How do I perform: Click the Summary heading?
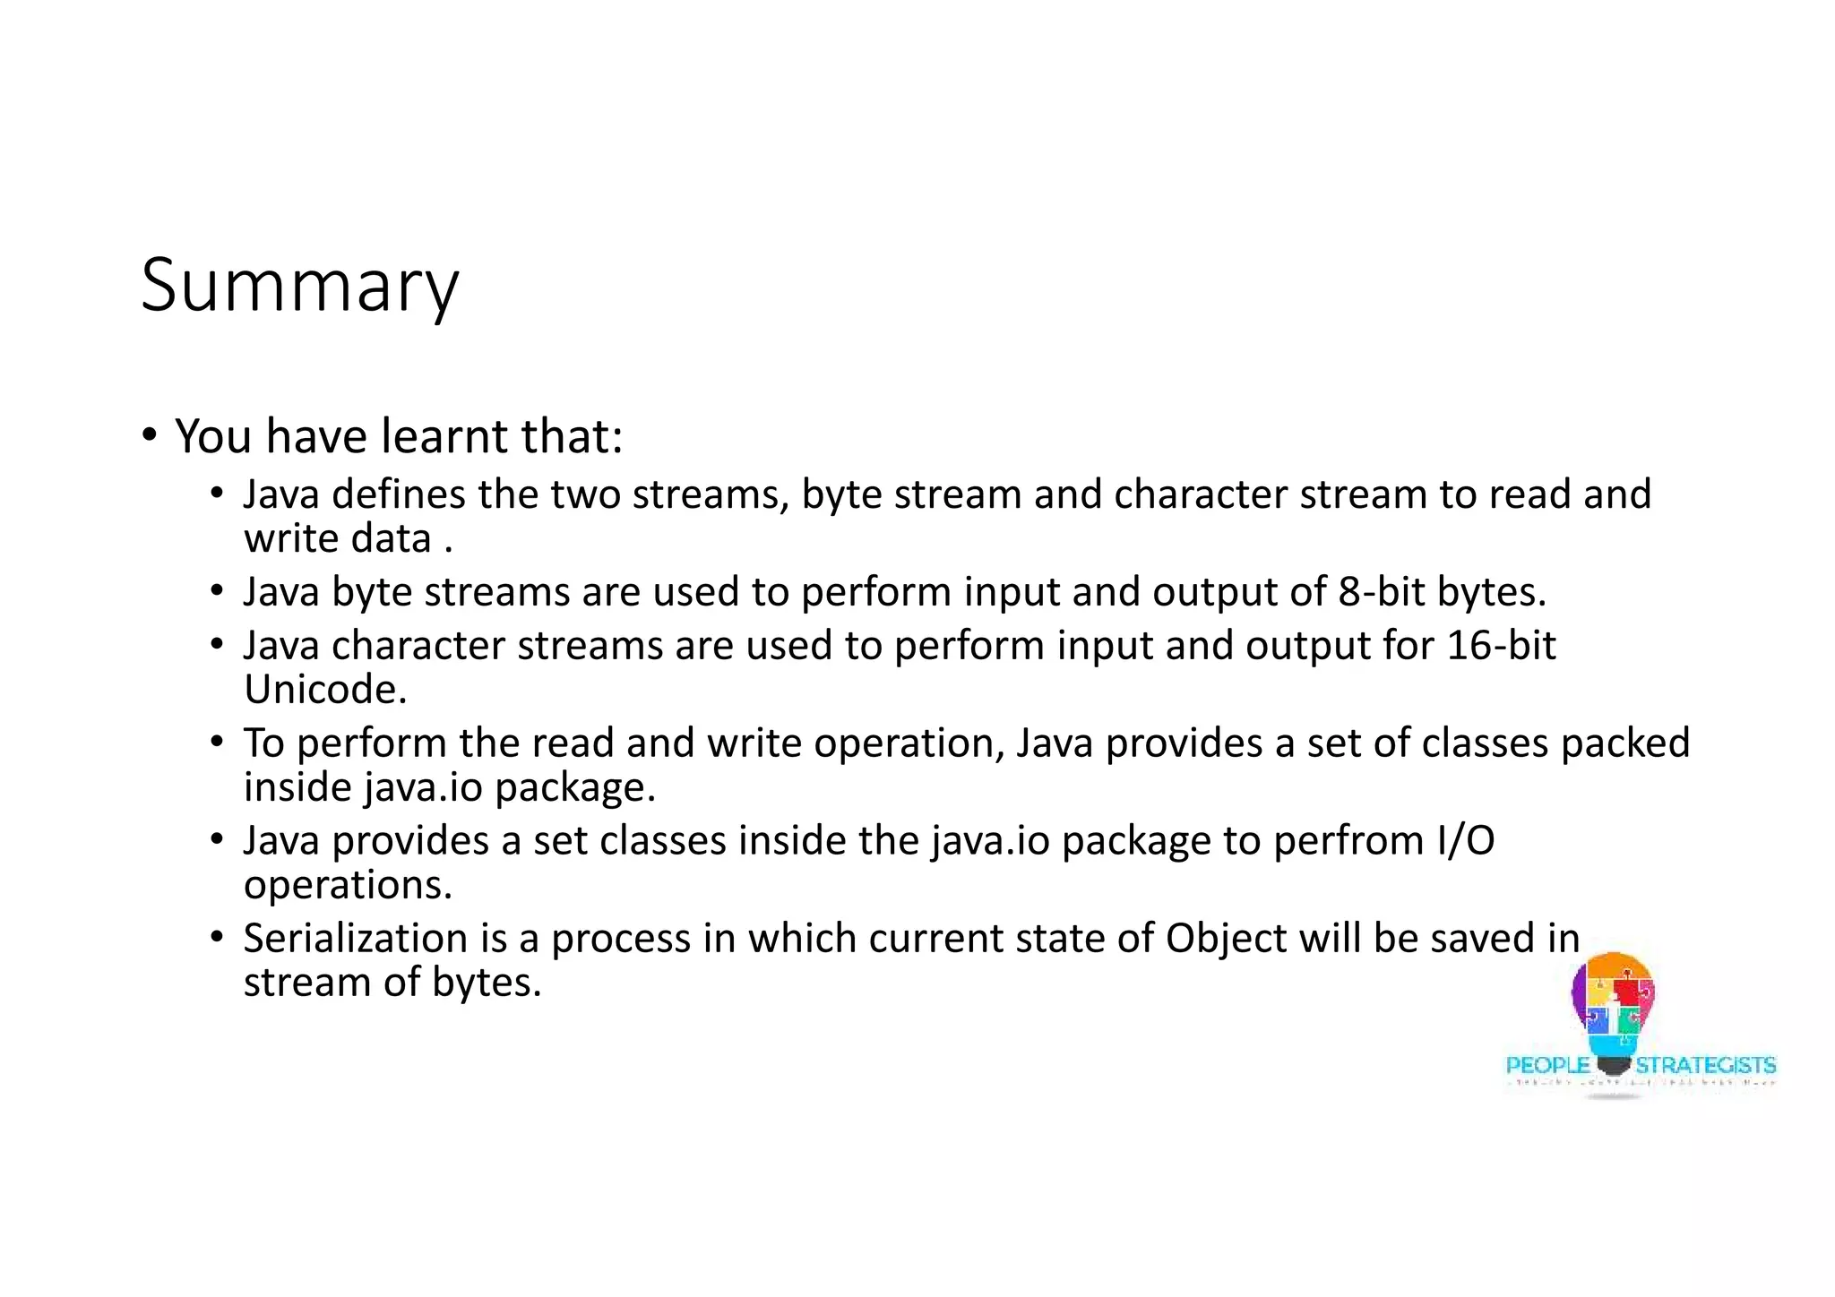[x=299, y=287]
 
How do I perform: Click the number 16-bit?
[x=1501, y=646]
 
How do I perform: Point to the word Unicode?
[x=324, y=691]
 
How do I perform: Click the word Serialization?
[x=355, y=939]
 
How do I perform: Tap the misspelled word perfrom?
[x=1348, y=841]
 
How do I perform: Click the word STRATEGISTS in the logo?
[x=1706, y=1065]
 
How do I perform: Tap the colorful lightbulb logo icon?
[x=1613, y=1008]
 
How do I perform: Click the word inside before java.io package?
[x=297, y=788]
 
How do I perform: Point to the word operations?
[x=348, y=886]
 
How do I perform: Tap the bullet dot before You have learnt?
[x=150, y=436]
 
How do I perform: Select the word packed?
[x=1624, y=743]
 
